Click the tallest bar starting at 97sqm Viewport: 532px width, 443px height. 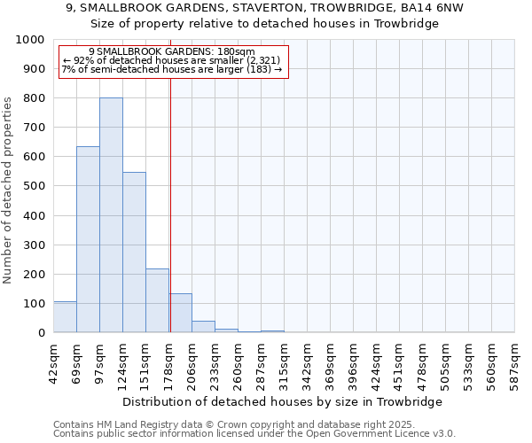coord(111,215)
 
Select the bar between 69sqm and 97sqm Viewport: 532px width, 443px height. coord(88,239)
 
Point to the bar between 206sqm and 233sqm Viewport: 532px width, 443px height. coord(203,327)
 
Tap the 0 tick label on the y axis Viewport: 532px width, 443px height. coord(41,333)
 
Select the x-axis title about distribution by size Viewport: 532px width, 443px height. coord(284,401)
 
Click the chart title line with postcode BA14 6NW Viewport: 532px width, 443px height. coord(265,7)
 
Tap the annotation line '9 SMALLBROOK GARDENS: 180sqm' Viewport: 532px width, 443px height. coord(172,52)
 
